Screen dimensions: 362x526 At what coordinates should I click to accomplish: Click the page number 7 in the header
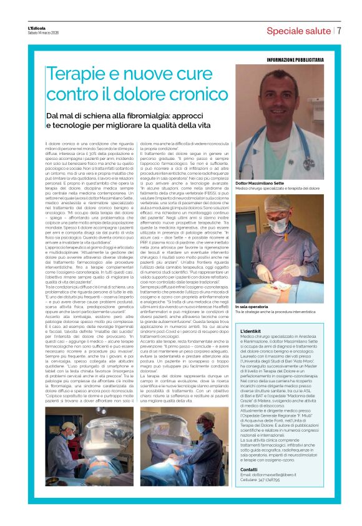[339, 31]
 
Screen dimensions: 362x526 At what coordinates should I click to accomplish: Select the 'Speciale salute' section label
[296, 31]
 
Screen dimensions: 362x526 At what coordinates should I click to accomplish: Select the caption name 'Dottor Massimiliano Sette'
[263, 183]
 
